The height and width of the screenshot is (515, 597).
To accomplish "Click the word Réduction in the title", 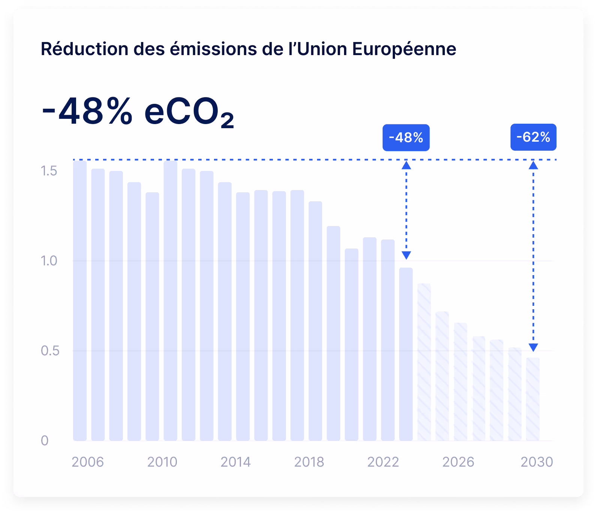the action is coord(84,49).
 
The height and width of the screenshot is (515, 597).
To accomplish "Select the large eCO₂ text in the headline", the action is coord(189,112).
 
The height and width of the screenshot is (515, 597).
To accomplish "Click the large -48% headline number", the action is coord(87,111).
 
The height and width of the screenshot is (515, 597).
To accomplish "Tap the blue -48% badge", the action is coord(406,138).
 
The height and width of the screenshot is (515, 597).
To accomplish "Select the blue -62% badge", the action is coord(533,137).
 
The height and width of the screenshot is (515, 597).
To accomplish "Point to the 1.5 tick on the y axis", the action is coord(49,171).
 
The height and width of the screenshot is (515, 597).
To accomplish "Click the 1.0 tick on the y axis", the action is coord(49,261).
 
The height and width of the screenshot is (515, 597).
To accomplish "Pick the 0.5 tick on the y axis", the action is coord(50,351).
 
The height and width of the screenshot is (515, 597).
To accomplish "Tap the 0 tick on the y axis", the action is coord(45,440).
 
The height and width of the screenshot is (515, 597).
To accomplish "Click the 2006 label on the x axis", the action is coord(88,462).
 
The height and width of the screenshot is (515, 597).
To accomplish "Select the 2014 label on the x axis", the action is coord(235,462).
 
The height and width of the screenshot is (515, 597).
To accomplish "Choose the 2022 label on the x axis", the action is coord(383,462).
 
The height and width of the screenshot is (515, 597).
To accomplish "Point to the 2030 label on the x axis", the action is coord(537,462).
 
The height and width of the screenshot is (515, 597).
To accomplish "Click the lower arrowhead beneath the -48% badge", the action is coord(406,256).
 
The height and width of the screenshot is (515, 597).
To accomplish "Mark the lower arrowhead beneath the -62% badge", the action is coord(533,347).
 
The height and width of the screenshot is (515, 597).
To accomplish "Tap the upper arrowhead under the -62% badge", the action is coord(533,165).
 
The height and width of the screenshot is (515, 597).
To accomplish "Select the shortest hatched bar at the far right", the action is coord(533,399).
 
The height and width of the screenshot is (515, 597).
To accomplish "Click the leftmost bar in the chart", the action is coord(80,301).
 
